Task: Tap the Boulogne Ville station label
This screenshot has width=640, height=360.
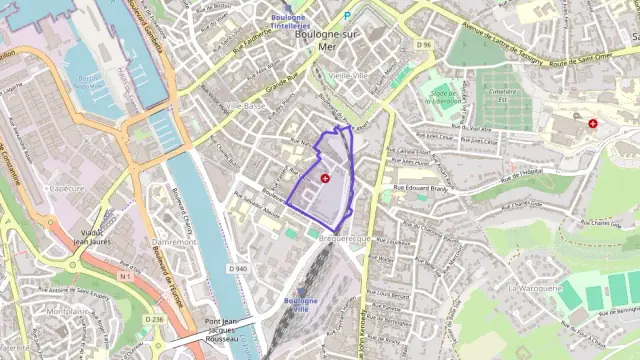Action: (300, 305)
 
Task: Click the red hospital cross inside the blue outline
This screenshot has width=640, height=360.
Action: (325, 177)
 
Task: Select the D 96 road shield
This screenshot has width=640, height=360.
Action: (425, 45)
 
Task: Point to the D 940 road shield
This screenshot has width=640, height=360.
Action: (237, 269)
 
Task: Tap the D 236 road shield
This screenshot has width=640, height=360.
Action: (153, 319)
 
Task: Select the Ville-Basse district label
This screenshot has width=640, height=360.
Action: (245, 105)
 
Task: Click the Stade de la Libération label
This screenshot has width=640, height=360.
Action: (442, 97)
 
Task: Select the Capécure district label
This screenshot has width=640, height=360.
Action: (67, 187)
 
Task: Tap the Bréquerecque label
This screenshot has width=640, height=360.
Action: (345, 240)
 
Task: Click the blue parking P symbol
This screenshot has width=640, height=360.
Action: (347, 16)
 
